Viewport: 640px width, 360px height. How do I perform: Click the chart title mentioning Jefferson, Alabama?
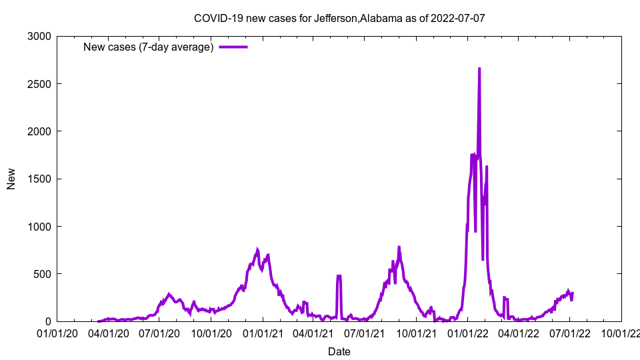pyautogui.click(x=339, y=18)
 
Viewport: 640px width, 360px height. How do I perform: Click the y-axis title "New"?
pyautogui.click(x=11, y=179)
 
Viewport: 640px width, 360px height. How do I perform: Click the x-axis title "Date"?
pyautogui.click(x=339, y=351)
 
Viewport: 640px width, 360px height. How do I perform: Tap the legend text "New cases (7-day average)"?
pyautogui.click(x=148, y=47)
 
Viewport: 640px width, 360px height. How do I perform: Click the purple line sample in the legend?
pyautogui.click(x=233, y=47)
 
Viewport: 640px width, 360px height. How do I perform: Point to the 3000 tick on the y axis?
pyautogui.click(x=41, y=37)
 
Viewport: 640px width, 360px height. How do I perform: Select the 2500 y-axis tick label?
pyautogui.click(x=41, y=84)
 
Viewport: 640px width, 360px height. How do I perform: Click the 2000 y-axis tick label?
pyautogui.click(x=41, y=131)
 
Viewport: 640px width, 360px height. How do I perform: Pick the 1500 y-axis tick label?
pyautogui.click(x=41, y=179)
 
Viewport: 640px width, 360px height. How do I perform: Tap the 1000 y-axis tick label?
pyautogui.click(x=41, y=227)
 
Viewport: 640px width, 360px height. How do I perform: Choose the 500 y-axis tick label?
pyautogui.click(x=43, y=274)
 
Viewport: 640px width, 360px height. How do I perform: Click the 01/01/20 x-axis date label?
pyautogui.click(x=57, y=333)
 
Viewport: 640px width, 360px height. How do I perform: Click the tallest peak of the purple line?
pyautogui.click(x=479, y=69)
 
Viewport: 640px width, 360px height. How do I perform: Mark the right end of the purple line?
pyautogui.click(x=573, y=293)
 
